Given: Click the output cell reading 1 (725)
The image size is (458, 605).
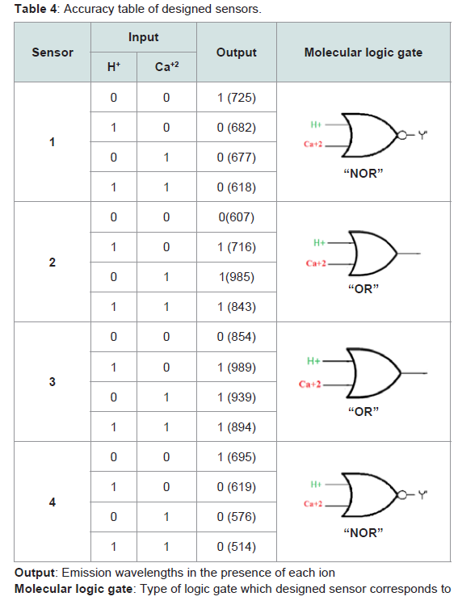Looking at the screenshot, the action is click(x=236, y=97).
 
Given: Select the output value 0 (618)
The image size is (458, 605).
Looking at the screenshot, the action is click(x=236, y=187).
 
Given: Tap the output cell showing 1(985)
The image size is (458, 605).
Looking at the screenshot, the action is click(x=236, y=277).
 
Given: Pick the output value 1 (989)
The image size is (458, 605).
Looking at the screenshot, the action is click(x=236, y=367).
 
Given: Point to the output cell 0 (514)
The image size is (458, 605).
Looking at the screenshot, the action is click(x=236, y=547).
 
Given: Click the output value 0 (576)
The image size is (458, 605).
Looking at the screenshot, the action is click(x=236, y=517).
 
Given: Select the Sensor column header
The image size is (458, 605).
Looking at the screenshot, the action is click(x=53, y=53).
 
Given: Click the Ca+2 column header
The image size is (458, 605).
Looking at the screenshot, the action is click(x=166, y=66).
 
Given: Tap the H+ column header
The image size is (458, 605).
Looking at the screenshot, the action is click(x=113, y=66).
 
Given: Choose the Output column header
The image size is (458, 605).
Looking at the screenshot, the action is click(x=236, y=53).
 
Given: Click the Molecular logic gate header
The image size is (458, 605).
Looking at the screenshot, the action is click(x=363, y=53).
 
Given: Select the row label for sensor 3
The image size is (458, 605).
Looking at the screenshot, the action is click(x=52, y=381).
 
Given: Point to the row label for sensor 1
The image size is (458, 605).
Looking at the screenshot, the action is click(x=52, y=142).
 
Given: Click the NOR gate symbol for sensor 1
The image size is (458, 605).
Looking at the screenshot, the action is click(x=372, y=136).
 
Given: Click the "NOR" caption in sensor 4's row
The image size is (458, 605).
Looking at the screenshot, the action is click(x=363, y=532).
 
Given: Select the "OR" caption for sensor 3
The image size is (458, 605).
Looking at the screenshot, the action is click(x=363, y=411).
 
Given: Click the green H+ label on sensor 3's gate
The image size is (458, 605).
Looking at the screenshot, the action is click(x=313, y=361).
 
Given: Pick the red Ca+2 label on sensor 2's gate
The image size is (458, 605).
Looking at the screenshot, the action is click(x=316, y=263).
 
